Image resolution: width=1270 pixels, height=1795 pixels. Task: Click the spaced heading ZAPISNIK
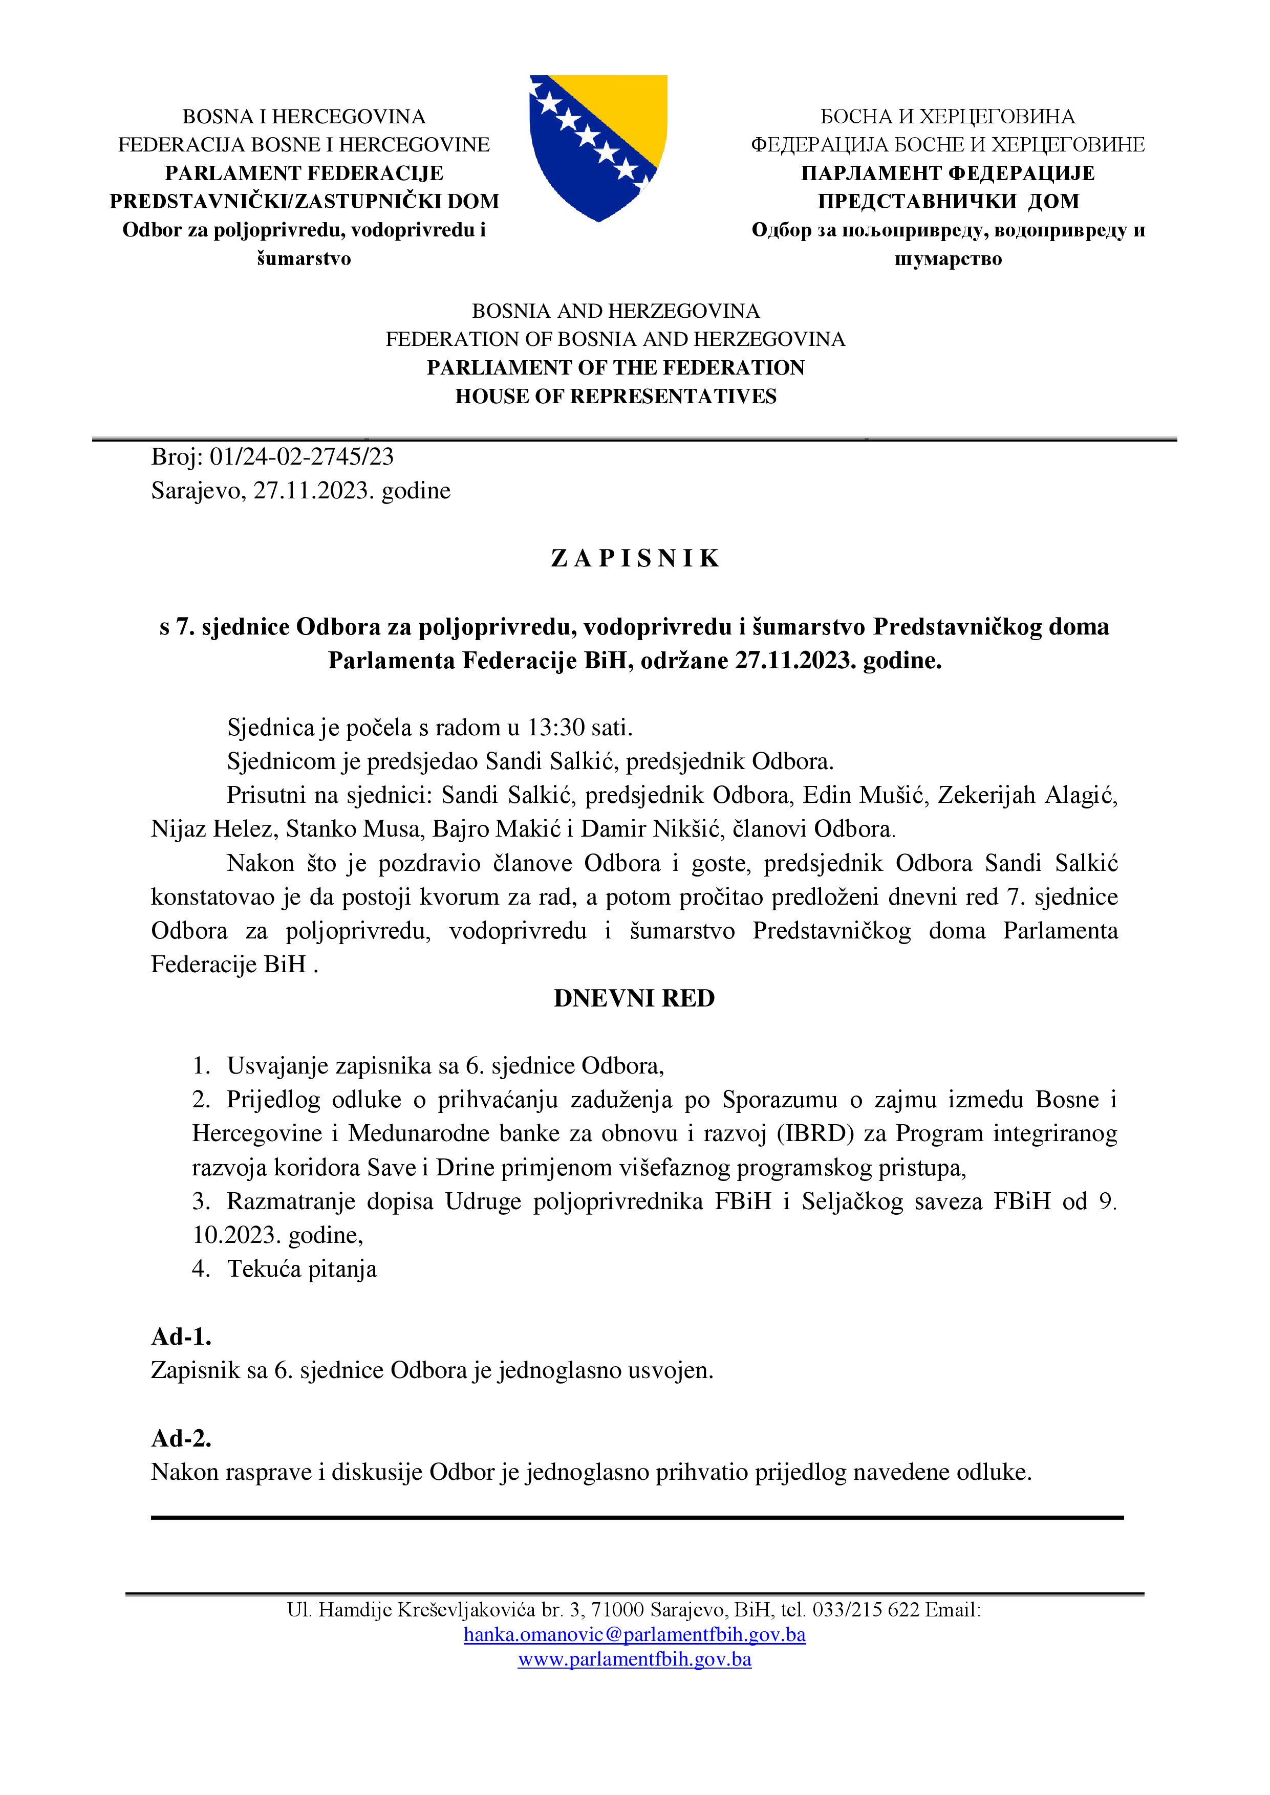(634, 558)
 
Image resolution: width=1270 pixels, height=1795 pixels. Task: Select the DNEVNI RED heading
(634, 998)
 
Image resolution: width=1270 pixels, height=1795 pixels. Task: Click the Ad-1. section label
(181, 1336)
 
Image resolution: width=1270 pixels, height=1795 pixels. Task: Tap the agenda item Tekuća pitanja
(302, 1268)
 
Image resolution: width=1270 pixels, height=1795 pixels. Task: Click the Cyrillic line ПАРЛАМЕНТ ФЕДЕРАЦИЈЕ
(948, 173)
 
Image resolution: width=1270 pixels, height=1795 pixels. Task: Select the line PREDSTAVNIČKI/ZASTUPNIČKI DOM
(304, 201)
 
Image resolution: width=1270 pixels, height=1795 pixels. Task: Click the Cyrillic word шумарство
(948, 259)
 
